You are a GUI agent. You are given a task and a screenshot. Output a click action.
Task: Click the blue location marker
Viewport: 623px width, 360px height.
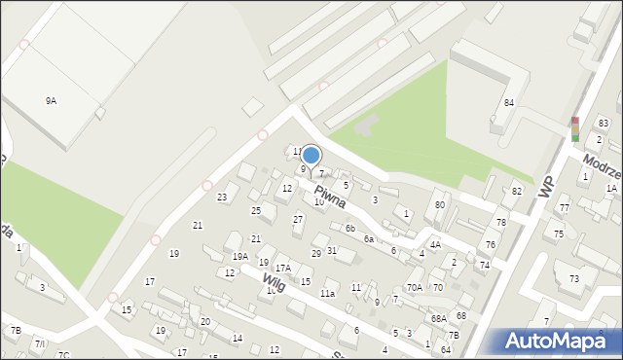[x=311, y=155]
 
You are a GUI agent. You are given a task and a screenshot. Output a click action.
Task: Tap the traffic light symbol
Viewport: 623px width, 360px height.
[x=574, y=129]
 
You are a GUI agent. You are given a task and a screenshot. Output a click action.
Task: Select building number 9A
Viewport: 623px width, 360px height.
[x=51, y=100]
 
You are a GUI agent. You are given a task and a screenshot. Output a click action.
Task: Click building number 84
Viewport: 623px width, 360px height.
[x=508, y=102]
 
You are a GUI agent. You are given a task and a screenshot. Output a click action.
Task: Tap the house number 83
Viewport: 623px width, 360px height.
[x=604, y=123]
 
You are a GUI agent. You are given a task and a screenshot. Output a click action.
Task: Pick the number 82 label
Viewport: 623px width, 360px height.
[x=517, y=191]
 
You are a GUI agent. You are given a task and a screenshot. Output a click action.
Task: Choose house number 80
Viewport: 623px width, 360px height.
[x=440, y=204]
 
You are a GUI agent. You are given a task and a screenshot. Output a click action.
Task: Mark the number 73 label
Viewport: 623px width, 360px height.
[x=574, y=278]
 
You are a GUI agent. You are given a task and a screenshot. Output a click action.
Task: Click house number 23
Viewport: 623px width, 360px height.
[x=222, y=198]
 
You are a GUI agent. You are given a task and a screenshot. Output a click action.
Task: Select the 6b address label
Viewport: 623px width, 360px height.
[x=349, y=228]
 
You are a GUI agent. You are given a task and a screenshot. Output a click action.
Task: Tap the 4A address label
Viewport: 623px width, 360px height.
[x=435, y=244]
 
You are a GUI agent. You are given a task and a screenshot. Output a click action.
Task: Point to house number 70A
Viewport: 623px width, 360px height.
[x=415, y=287]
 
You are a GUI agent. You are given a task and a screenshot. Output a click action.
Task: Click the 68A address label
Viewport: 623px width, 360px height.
[x=439, y=318]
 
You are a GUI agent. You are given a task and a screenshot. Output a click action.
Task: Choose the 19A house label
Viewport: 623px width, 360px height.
[x=239, y=256]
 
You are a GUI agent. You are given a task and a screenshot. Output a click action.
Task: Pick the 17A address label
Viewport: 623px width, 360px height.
[x=282, y=268]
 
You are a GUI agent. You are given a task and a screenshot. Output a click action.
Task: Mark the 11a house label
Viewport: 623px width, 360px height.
[x=328, y=293]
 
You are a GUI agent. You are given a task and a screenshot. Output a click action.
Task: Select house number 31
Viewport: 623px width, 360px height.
[x=332, y=250]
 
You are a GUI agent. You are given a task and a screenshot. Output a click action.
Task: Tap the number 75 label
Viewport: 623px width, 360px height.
[x=559, y=234]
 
